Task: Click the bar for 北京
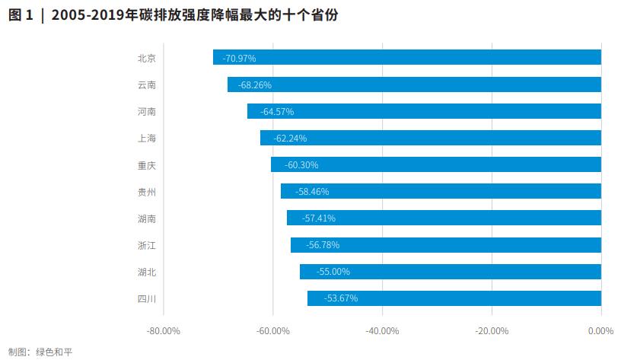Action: [x=407, y=58]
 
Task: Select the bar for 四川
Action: [x=454, y=298]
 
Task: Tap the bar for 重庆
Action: [x=436, y=164]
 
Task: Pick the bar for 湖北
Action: [x=451, y=272]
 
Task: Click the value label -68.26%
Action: [x=255, y=85]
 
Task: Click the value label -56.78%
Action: [x=323, y=245]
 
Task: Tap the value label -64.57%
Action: [x=277, y=112]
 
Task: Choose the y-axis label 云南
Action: [x=147, y=85]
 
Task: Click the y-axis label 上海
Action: [x=147, y=139]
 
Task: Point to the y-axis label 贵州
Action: [x=147, y=192]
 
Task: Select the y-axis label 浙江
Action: [x=147, y=245]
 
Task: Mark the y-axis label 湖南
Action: [x=147, y=218]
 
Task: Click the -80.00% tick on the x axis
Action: [x=163, y=331]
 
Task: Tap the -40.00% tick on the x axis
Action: [x=382, y=331]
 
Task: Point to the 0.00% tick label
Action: [x=600, y=331]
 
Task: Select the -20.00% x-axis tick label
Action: [x=492, y=331]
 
